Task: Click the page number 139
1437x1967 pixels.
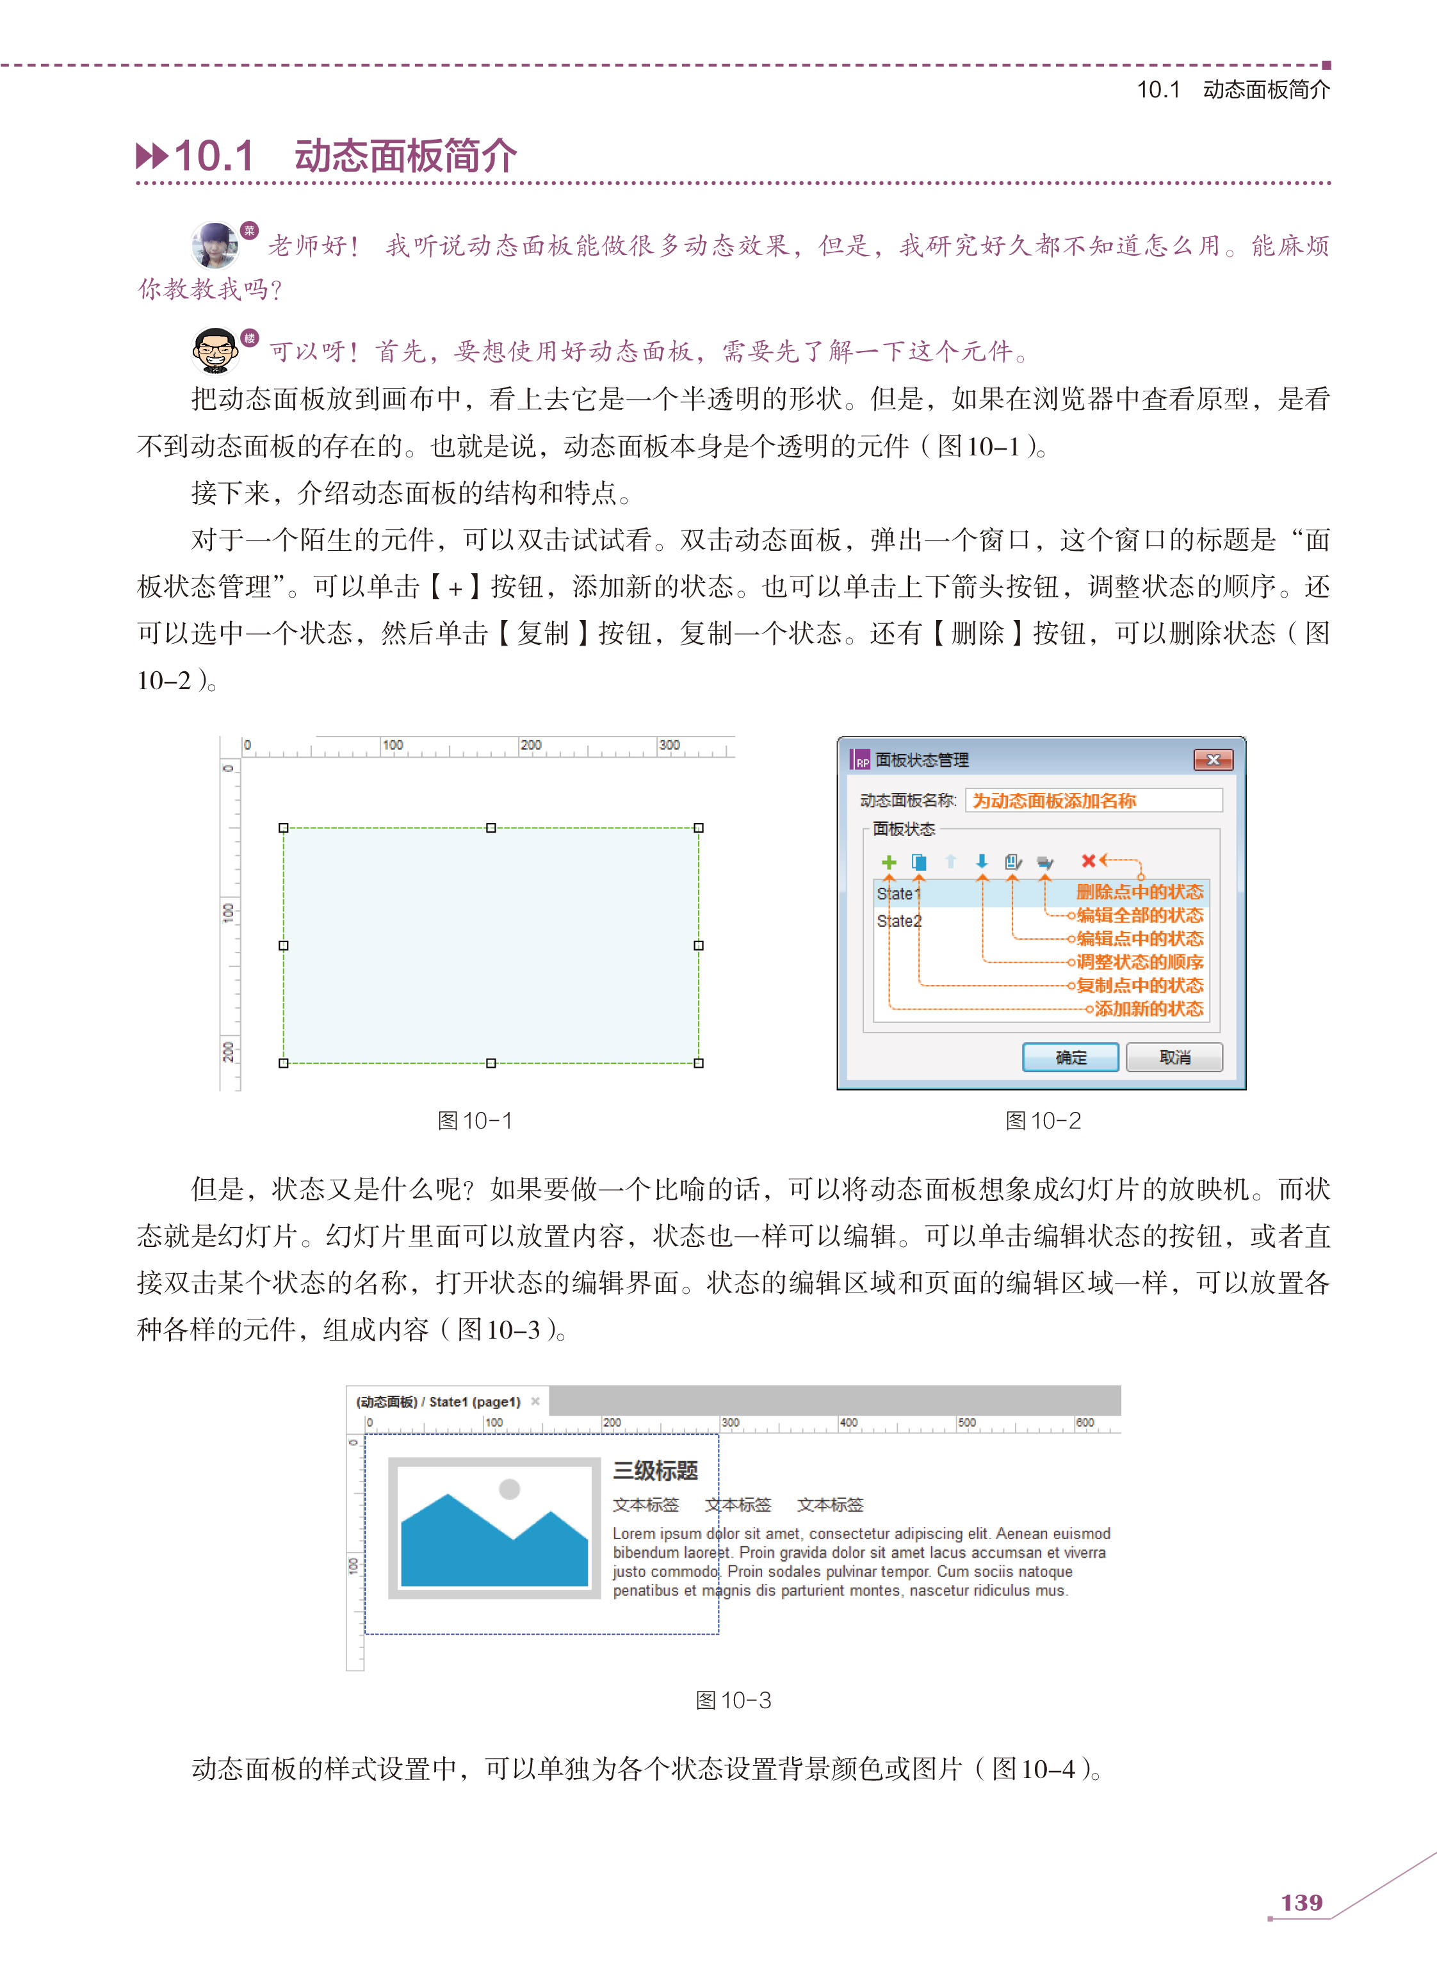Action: [1301, 1902]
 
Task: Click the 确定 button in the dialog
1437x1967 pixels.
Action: [1070, 1057]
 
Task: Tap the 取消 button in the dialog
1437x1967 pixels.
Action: [1174, 1057]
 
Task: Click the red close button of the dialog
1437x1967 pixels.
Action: [1214, 760]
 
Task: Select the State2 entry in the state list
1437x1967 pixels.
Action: [898, 920]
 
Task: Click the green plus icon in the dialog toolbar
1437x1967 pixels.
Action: [888, 861]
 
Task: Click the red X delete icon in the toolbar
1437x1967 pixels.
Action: [1088, 860]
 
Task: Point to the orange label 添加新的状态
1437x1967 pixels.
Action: [1148, 1008]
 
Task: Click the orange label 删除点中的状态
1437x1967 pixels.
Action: [1139, 892]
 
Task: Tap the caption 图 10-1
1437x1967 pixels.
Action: [475, 1120]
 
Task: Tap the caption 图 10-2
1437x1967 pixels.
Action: [1043, 1120]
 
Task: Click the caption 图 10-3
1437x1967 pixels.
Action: [733, 1700]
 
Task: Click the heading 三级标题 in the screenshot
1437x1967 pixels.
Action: [655, 1470]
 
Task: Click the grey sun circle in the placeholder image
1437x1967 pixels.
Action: [510, 1489]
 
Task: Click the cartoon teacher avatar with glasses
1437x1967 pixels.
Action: [215, 350]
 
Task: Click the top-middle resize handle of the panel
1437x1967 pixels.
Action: [491, 828]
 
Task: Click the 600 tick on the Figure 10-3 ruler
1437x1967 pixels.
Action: [1085, 1423]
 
